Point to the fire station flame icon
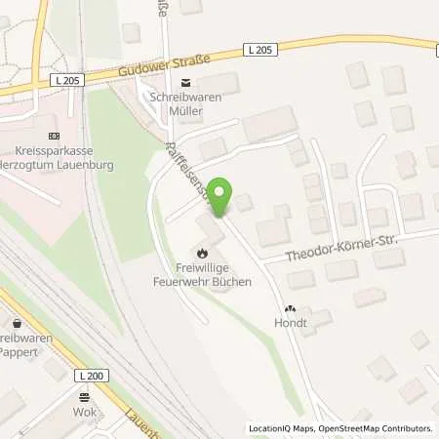point(201,253)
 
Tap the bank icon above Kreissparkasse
point(53,137)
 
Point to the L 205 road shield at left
point(72,80)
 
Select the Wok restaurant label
point(84,412)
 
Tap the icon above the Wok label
point(84,396)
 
